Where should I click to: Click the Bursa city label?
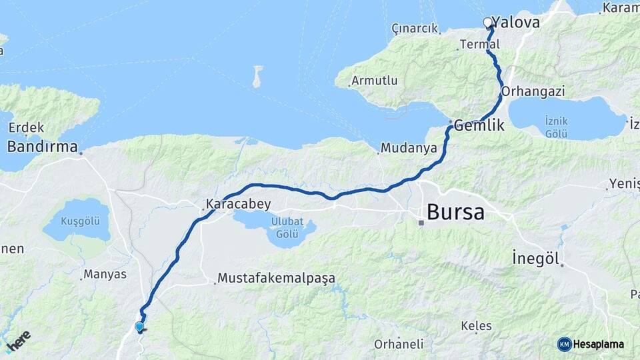[x=455, y=213]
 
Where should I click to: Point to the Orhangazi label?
[x=533, y=91]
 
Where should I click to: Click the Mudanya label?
[x=408, y=147]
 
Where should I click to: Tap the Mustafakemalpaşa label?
[x=276, y=278]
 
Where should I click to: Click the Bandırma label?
[x=43, y=146]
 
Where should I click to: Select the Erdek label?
[x=26, y=127]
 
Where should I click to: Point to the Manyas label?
[x=104, y=274]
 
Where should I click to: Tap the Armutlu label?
[x=375, y=81]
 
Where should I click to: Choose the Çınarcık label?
[x=415, y=29]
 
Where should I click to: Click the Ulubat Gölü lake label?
[x=287, y=227]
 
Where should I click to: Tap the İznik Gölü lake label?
[x=555, y=127]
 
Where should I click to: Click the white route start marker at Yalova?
[x=487, y=23]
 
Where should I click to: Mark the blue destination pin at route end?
[x=139, y=327]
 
